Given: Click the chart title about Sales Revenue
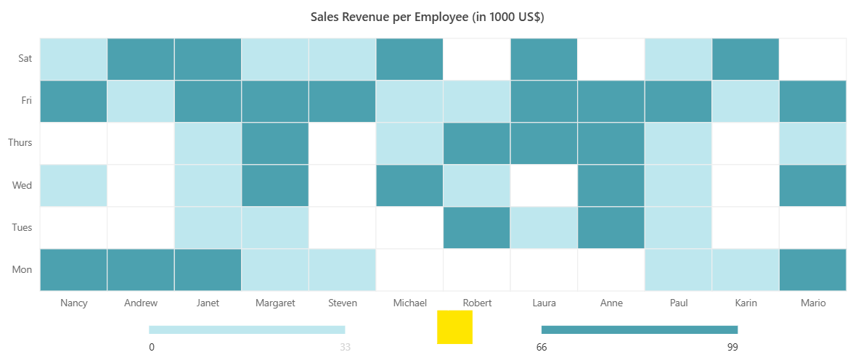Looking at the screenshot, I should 428,17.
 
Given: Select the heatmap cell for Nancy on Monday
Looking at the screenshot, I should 73,269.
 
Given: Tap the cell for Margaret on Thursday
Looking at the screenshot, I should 275,143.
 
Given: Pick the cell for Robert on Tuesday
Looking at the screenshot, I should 477,227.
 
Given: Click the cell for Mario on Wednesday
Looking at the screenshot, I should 812,185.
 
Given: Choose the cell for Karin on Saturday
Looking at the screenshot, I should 745,59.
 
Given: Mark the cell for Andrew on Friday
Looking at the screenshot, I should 141,101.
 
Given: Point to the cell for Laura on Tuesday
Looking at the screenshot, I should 544,227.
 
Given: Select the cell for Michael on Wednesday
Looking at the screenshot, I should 409,185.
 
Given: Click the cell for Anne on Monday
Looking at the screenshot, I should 611,269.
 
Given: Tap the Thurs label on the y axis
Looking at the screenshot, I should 20,143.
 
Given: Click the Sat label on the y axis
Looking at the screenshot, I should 25,59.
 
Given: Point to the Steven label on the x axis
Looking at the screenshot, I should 343,303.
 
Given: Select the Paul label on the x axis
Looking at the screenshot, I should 678,303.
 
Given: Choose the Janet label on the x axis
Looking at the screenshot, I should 208,303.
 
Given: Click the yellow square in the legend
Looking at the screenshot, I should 454,327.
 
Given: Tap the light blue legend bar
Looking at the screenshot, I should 247,330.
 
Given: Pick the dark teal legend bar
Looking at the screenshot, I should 640,330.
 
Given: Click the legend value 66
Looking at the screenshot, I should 542,347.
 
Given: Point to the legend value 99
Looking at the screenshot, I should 732,347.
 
